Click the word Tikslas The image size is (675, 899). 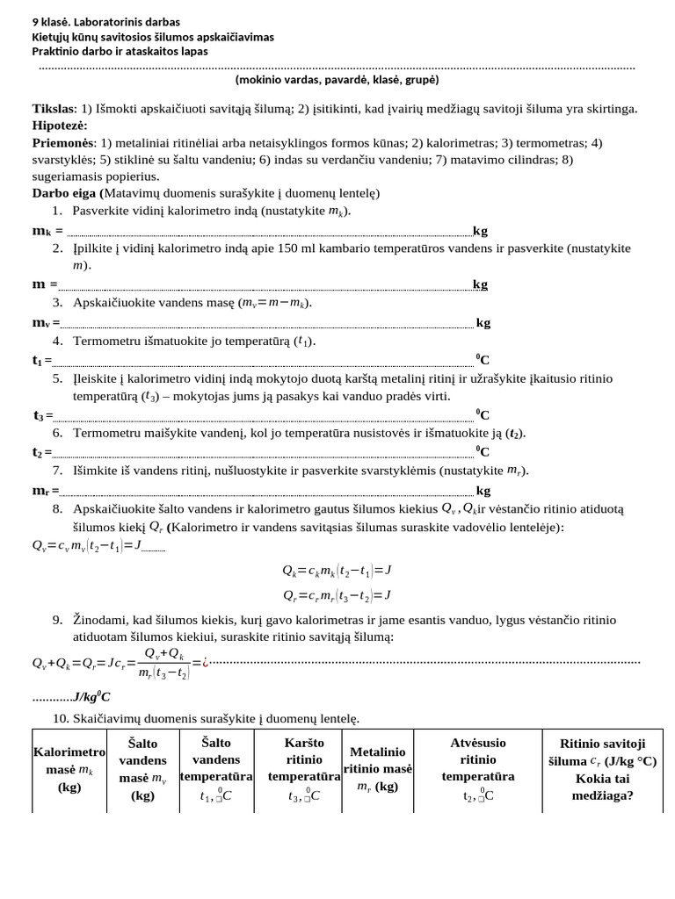point(54,109)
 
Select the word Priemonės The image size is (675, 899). point(63,142)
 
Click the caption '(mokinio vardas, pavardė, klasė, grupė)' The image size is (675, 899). point(337,80)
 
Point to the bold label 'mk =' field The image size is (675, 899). point(47,231)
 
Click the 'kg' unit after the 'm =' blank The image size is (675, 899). point(480,284)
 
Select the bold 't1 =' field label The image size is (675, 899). point(42,360)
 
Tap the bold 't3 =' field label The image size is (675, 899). point(43,415)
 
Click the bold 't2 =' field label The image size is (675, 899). point(42,452)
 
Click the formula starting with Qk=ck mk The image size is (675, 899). point(337,570)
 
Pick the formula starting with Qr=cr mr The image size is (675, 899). point(337,595)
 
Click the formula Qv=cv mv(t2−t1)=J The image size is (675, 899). point(86,545)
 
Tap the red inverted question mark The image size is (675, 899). point(205,663)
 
